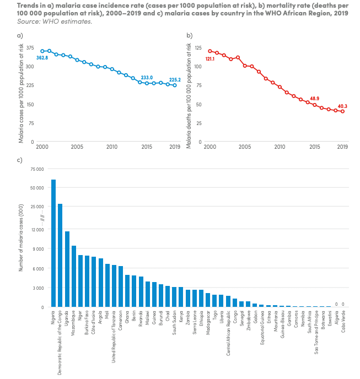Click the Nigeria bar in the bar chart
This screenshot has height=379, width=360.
pos(53,243)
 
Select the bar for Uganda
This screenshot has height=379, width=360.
pos(67,269)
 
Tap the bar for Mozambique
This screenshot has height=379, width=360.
pos(74,276)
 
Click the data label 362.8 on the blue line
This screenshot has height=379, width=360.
pos(42,58)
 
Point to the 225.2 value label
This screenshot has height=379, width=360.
pos(175,79)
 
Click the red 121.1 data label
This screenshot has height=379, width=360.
pos(209,58)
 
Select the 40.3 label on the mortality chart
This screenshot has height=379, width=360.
pos(343,106)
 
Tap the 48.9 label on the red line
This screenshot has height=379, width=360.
pos(315,98)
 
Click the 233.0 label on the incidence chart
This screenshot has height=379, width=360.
pos(147,78)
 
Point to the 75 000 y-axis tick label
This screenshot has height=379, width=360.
pos(36,168)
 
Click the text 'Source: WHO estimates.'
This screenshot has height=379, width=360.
pos(54,21)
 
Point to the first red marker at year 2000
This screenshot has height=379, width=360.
pos(209,51)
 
